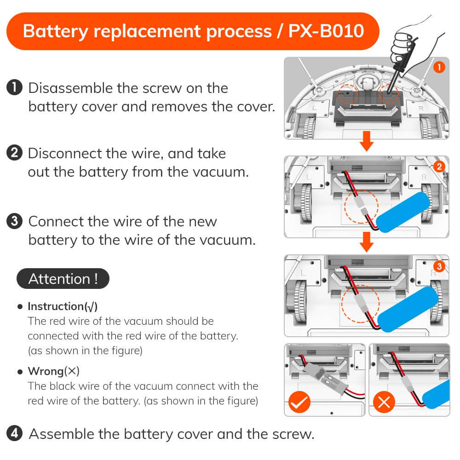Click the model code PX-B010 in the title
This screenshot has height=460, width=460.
pos(326,31)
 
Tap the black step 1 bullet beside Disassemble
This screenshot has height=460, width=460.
pos(15,87)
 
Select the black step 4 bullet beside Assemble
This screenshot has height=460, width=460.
pos(15,433)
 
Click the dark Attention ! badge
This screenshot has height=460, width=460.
pos(63,279)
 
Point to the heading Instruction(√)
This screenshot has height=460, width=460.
pos(63,306)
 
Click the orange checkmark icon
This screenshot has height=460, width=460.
pos(299,403)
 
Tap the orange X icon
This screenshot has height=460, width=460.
pos(384,403)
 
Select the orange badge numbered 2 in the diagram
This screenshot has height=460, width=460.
pos(439,167)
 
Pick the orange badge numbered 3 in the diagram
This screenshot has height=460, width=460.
pos(439,266)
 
